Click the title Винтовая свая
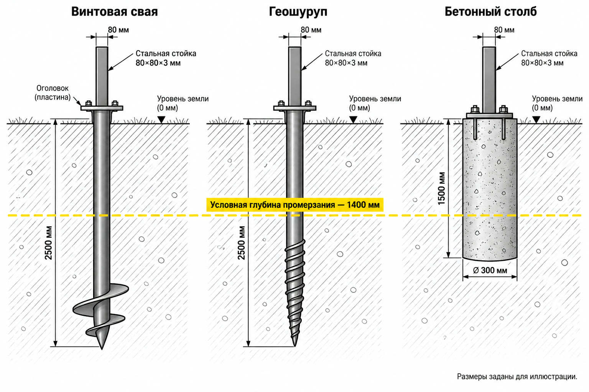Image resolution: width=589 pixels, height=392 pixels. (x=114, y=11)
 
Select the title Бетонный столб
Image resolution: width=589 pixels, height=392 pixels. (x=491, y=11)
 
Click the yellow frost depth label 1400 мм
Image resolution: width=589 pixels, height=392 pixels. (x=295, y=205)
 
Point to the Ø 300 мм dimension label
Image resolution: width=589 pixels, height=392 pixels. (x=490, y=270)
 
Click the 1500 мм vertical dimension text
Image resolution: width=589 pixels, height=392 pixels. (x=441, y=188)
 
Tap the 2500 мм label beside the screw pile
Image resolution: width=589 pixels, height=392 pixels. (x=48, y=243)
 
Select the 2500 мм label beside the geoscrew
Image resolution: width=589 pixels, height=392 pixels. (x=241, y=243)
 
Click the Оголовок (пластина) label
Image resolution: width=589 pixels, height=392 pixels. (x=53, y=93)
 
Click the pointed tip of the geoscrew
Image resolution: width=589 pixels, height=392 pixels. (x=295, y=345)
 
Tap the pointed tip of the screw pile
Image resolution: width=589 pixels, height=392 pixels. (x=102, y=348)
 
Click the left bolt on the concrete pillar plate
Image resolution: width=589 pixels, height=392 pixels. (x=475, y=109)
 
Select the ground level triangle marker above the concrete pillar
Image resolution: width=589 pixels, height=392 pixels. (x=536, y=120)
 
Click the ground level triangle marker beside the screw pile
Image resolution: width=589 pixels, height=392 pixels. (x=161, y=120)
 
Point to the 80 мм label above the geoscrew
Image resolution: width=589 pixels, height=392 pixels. (x=311, y=30)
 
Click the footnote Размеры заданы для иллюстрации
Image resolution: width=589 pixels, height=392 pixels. (x=517, y=377)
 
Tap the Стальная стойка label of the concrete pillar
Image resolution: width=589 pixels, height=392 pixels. (x=549, y=58)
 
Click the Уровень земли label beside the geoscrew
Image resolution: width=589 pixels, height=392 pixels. (x=375, y=103)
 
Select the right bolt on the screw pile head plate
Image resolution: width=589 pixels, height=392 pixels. (x=115, y=103)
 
